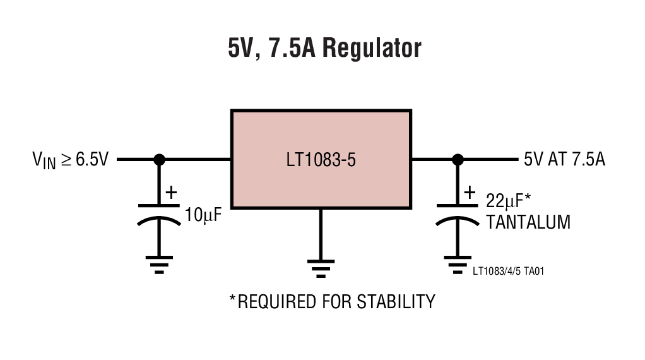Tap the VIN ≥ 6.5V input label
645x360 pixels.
click(x=70, y=159)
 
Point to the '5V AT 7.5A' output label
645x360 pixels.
click(x=564, y=159)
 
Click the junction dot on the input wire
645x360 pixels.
click(x=159, y=159)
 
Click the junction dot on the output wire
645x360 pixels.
click(x=458, y=159)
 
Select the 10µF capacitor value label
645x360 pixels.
click(x=203, y=215)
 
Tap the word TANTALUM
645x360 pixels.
click(x=528, y=222)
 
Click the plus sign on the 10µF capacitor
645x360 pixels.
click(x=170, y=193)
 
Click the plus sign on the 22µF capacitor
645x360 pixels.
click(x=470, y=193)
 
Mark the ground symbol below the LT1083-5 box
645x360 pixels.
click(x=321, y=268)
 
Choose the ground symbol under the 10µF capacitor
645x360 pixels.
click(x=159, y=263)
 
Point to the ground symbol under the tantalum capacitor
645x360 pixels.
click(x=458, y=263)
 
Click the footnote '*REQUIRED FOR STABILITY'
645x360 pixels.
click(x=332, y=301)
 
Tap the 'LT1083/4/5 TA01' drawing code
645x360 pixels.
click(x=508, y=272)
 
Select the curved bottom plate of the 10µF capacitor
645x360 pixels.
click(x=159, y=220)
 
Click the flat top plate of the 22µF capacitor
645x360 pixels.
click(x=458, y=205)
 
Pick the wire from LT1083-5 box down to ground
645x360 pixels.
click(x=321, y=234)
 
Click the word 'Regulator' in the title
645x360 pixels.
click(x=371, y=48)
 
